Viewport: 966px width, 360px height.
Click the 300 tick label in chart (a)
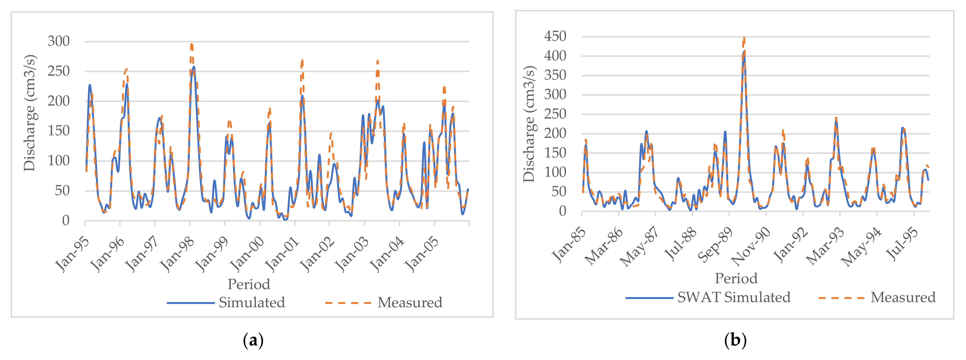(58, 41)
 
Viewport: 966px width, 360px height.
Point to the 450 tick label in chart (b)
(555, 36)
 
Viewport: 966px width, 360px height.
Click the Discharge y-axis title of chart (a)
(30, 113)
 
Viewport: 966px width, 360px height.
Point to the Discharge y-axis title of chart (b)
(529, 124)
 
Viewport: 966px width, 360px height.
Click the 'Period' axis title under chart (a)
(249, 284)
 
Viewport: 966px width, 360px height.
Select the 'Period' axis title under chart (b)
(736, 278)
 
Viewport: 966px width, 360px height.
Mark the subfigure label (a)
(253, 340)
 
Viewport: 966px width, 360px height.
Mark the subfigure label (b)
(735, 340)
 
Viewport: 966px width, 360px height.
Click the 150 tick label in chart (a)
(58, 131)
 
